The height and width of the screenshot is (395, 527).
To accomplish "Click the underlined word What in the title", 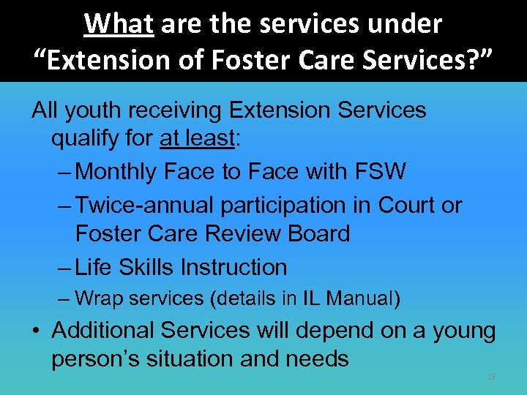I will [x=119, y=24].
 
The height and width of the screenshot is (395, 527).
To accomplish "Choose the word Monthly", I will [x=116, y=171].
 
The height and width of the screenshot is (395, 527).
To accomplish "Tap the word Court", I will [x=406, y=206].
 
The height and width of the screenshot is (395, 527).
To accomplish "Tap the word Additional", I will [x=103, y=331].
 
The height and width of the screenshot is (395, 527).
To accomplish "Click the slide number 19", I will [x=490, y=377].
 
